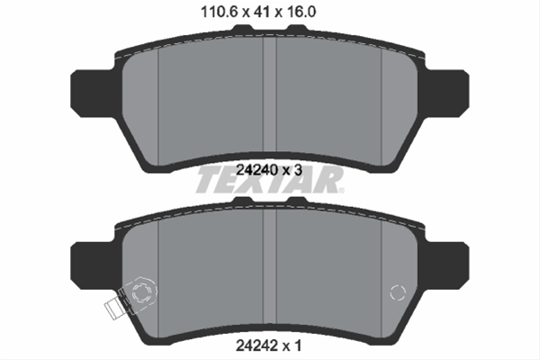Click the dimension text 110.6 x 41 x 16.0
click(269, 13)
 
